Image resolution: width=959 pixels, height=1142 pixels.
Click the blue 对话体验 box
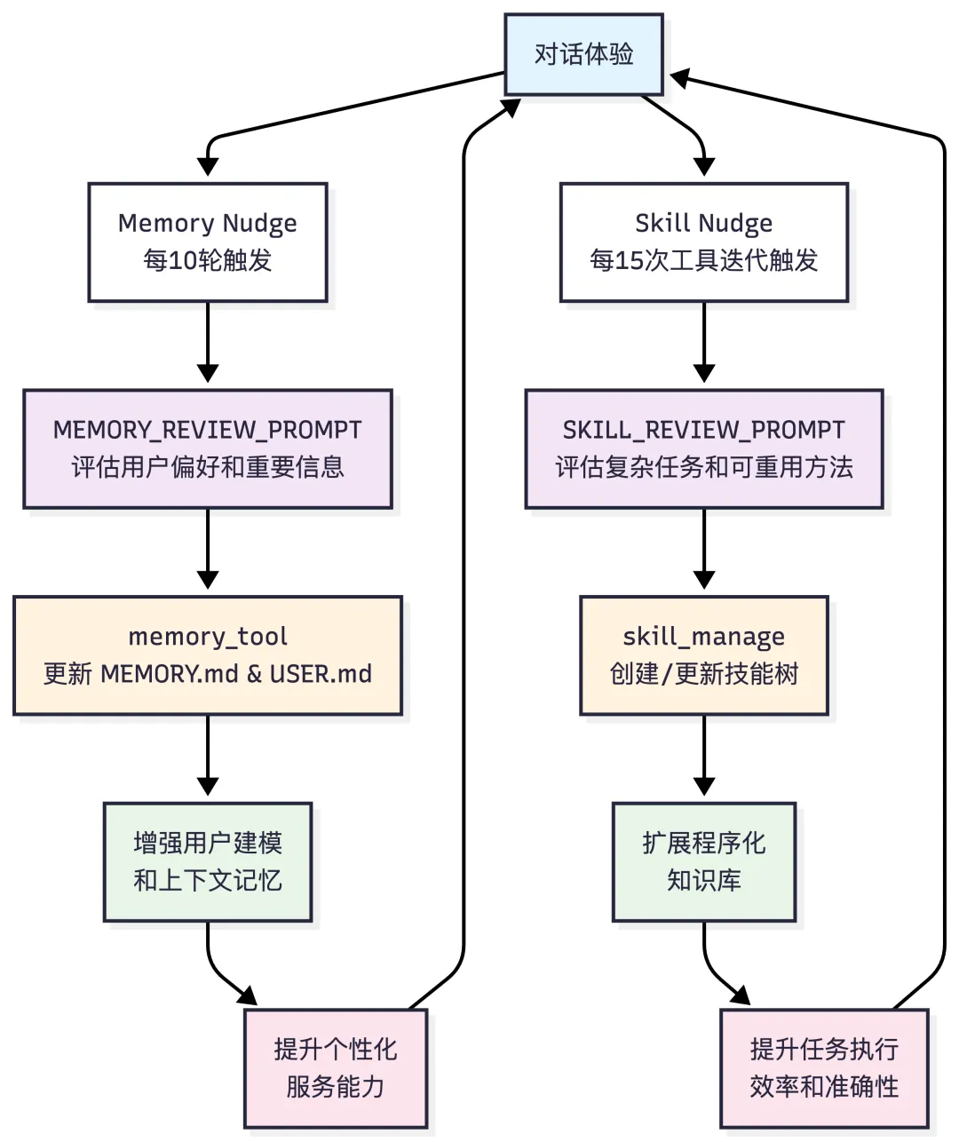pyautogui.click(x=583, y=55)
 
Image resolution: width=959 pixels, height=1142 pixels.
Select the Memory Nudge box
pyautogui.click(x=208, y=242)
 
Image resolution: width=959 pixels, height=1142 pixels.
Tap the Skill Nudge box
pyautogui.click(x=704, y=242)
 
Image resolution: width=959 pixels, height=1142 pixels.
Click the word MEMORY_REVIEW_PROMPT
pyautogui.click(x=208, y=430)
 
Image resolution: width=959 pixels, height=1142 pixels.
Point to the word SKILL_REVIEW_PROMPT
pyautogui.click(x=704, y=430)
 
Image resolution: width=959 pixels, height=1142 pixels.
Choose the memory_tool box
pyautogui.click(x=208, y=655)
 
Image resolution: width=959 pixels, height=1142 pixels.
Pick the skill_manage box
pyautogui.click(x=704, y=655)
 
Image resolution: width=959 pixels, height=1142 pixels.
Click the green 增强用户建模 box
pyautogui.click(x=208, y=862)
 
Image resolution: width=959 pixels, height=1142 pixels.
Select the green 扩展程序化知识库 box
pyautogui.click(x=704, y=862)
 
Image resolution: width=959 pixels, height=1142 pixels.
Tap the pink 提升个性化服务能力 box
pyautogui.click(x=336, y=1068)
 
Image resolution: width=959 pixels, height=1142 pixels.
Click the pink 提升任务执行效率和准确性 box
pyautogui.click(x=824, y=1068)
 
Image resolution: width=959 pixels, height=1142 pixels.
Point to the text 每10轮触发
pyautogui.click(x=208, y=260)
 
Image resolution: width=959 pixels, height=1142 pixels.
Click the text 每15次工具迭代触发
pyautogui.click(x=704, y=260)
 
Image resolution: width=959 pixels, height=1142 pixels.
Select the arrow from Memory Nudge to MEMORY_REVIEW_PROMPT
pyautogui.click(x=208, y=343)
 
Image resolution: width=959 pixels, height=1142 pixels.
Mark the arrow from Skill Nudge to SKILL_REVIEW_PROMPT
pyautogui.click(x=704, y=343)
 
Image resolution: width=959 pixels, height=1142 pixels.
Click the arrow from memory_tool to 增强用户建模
pyautogui.click(x=208, y=756)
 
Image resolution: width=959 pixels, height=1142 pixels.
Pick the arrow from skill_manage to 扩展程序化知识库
pyautogui.click(x=704, y=756)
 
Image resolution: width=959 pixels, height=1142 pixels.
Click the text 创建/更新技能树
pyautogui.click(x=704, y=674)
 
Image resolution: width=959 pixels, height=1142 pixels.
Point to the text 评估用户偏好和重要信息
pyautogui.click(x=208, y=467)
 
